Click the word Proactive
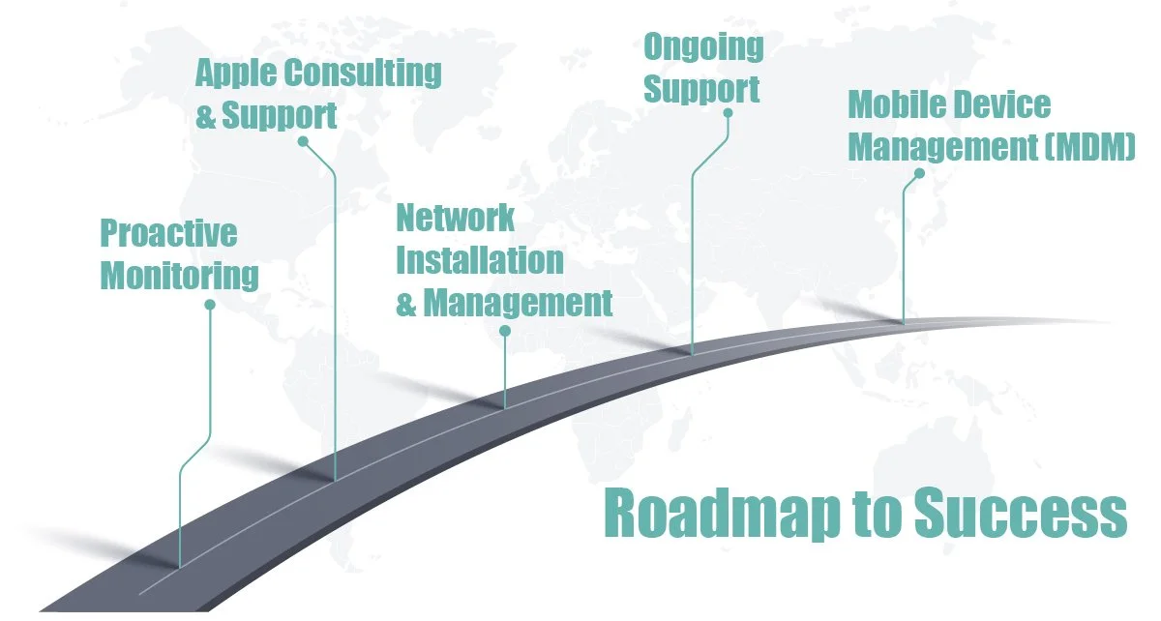168,233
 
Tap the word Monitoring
180,276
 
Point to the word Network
455,218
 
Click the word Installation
480,259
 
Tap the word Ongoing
703,46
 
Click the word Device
1003,104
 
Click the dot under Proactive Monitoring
210,305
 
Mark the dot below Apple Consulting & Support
303,141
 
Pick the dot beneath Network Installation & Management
504,331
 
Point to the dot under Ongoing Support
728,113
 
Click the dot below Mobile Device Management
919,174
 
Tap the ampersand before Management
406,303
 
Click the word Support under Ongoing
701,89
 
